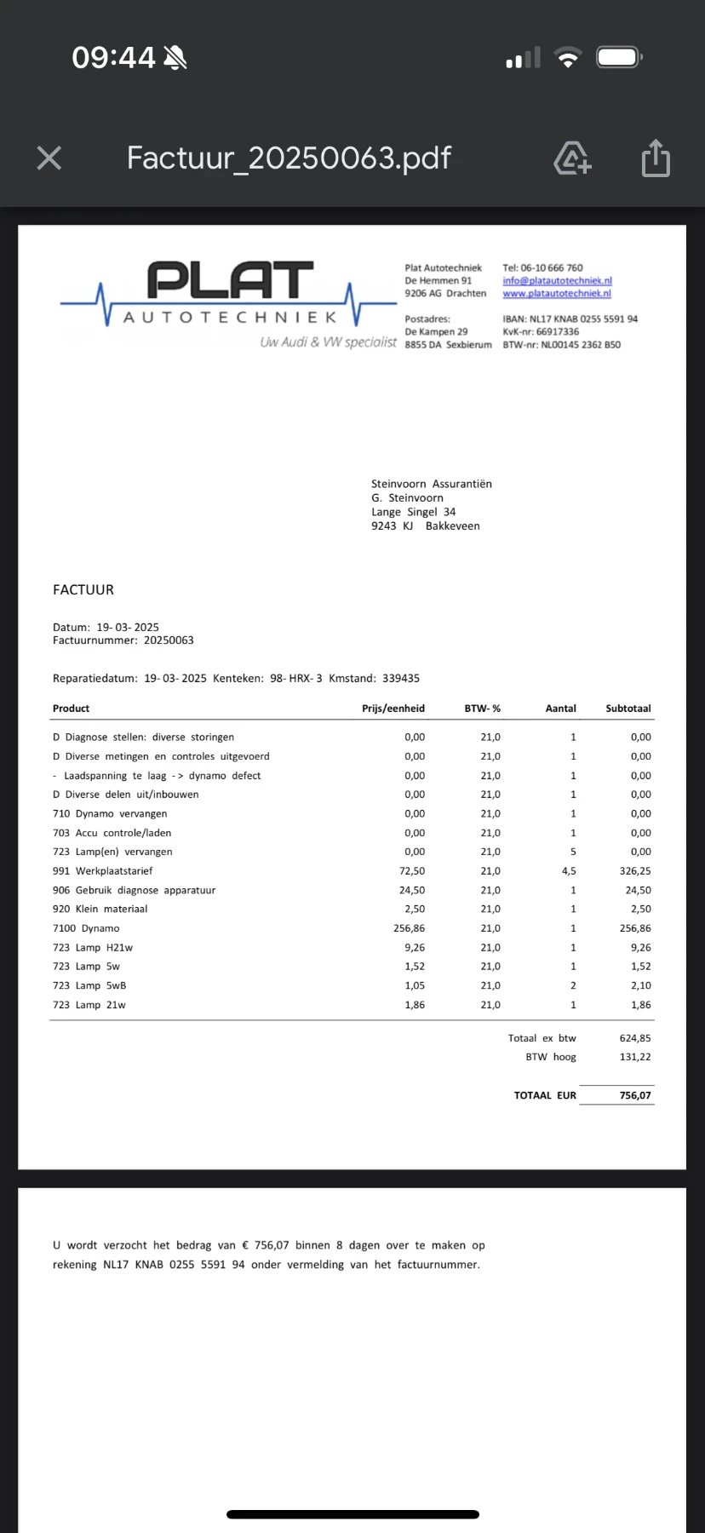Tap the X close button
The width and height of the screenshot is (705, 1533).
(x=49, y=158)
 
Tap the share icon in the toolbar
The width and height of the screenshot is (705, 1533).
(x=656, y=158)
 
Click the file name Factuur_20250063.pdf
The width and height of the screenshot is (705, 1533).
(x=289, y=158)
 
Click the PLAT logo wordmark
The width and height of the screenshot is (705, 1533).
(x=230, y=281)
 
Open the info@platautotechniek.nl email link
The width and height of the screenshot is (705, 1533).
(x=557, y=280)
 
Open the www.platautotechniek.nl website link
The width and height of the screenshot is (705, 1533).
(x=557, y=293)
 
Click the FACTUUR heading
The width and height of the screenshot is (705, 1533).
(x=83, y=589)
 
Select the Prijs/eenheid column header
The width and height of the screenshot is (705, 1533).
(x=393, y=709)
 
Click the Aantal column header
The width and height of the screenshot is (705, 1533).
(x=560, y=709)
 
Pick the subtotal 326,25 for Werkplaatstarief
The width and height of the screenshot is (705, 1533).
(x=635, y=871)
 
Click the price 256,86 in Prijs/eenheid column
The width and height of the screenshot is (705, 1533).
(x=410, y=928)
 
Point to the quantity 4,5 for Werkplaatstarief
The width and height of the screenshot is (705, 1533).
(x=569, y=871)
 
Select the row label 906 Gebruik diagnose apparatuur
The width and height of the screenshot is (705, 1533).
(x=134, y=890)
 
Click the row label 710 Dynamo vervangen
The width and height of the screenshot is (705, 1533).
(x=110, y=813)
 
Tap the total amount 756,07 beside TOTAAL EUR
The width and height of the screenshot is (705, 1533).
(x=635, y=1095)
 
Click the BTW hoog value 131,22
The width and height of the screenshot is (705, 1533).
(x=635, y=1057)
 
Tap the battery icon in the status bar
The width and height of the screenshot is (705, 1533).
(x=618, y=58)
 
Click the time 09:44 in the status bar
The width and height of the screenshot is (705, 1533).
(x=113, y=58)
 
